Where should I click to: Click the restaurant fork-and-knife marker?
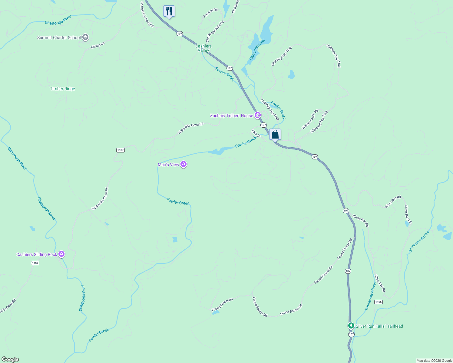[x=169, y=11]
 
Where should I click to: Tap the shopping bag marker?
[x=275, y=134]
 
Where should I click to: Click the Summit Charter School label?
[x=59, y=38]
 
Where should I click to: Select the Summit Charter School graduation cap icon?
[x=85, y=38]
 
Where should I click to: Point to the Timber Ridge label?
[x=62, y=89]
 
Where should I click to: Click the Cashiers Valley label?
[x=203, y=48]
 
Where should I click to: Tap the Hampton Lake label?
[x=257, y=49]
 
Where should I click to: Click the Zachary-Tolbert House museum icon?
[x=257, y=115]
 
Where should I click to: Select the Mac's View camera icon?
[x=183, y=164]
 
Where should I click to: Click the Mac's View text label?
[x=168, y=165]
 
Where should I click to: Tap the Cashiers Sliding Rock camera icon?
[x=61, y=254]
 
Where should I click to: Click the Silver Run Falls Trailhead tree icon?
[x=351, y=326]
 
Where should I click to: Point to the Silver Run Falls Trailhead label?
[x=379, y=326]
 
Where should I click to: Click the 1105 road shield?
[x=378, y=302]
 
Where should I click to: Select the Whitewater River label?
[x=370, y=296]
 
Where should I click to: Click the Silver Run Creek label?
[x=419, y=242]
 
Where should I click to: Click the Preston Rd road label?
[x=210, y=13]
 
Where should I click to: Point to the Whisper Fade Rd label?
[x=310, y=119]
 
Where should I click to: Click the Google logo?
[x=10, y=359]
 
